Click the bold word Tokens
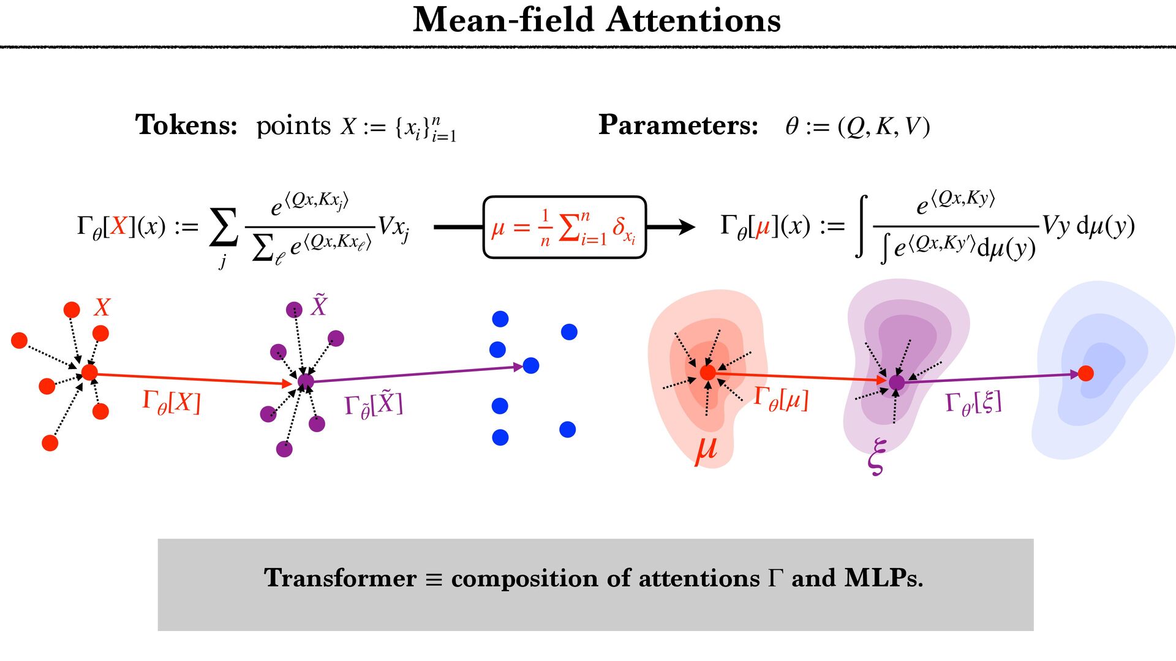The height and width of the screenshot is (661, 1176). [x=186, y=125]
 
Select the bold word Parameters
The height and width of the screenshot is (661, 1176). [x=678, y=125]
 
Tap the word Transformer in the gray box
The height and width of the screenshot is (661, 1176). [x=340, y=578]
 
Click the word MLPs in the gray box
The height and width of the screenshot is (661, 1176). [x=883, y=578]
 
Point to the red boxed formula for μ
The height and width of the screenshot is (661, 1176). [x=564, y=228]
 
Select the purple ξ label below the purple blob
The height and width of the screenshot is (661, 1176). [x=876, y=456]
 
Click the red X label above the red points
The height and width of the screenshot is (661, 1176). [x=102, y=307]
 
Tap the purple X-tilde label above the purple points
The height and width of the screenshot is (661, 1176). [x=319, y=305]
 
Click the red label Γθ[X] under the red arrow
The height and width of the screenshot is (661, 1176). [x=171, y=403]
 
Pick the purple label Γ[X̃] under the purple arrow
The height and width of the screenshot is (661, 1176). [x=374, y=405]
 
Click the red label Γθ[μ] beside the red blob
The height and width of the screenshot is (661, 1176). [x=781, y=399]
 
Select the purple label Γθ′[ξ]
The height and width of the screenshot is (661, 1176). [x=973, y=403]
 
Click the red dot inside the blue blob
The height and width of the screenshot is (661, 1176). [x=1085, y=373]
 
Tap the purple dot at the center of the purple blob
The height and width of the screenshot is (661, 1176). [x=897, y=383]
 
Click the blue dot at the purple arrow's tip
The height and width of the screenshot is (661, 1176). [x=531, y=366]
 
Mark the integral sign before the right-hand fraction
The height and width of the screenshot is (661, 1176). [x=862, y=226]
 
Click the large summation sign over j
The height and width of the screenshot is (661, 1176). [x=224, y=227]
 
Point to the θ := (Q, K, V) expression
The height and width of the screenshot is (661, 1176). [x=858, y=127]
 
